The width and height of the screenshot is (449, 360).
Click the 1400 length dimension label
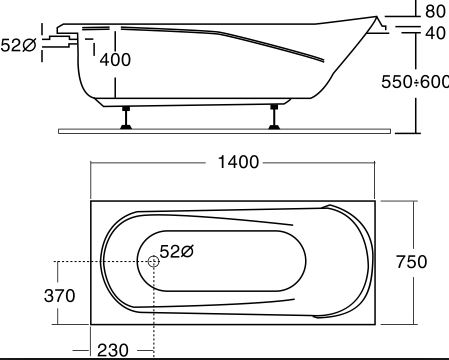click(x=238, y=162)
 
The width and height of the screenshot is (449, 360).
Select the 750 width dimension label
click(x=411, y=262)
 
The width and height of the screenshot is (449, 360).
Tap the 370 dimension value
click(x=59, y=296)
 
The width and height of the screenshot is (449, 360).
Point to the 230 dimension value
click(x=113, y=350)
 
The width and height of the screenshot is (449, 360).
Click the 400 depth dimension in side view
click(x=115, y=60)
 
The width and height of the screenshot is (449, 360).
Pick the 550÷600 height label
click(x=415, y=82)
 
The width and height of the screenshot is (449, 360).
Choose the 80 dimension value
click(x=435, y=11)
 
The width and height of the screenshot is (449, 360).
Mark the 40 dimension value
click(x=435, y=33)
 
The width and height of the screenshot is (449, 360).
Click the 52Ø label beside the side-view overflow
click(x=18, y=45)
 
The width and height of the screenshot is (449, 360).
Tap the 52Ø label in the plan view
click(x=177, y=251)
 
